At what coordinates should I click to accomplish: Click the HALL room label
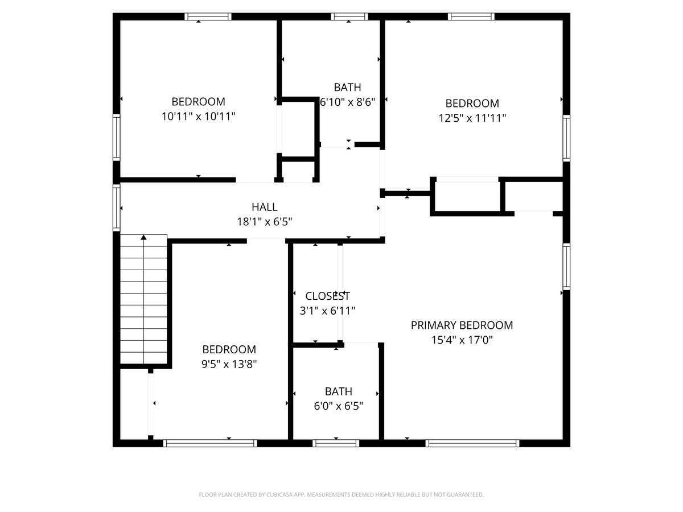tap(264, 207)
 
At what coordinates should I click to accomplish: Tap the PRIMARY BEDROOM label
tap(462, 325)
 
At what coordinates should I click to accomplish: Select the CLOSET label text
tap(327, 296)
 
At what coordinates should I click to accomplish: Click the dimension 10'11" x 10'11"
tap(198, 116)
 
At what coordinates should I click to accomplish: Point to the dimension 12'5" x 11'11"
tap(472, 118)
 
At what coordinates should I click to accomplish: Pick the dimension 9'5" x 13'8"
tap(229, 364)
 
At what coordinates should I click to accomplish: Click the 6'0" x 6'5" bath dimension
tap(339, 406)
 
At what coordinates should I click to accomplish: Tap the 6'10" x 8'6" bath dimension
tap(348, 102)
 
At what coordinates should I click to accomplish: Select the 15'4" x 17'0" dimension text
tap(462, 340)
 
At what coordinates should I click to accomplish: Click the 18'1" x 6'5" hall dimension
tap(264, 221)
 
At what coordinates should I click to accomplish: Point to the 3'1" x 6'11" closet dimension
tap(327, 310)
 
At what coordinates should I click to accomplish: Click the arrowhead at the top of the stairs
tap(143, 237)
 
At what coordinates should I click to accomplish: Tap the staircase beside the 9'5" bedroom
tap(143, 299)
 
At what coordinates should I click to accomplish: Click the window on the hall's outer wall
tap(116, 208)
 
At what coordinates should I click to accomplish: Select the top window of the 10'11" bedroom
tap(208, 16)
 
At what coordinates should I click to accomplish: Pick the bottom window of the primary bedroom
tap(472, 443)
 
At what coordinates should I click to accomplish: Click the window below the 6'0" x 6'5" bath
tap(336, 443)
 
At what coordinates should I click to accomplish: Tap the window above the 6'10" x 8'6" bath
tap(349, 16)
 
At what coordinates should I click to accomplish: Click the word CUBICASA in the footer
tap(279, 494)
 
